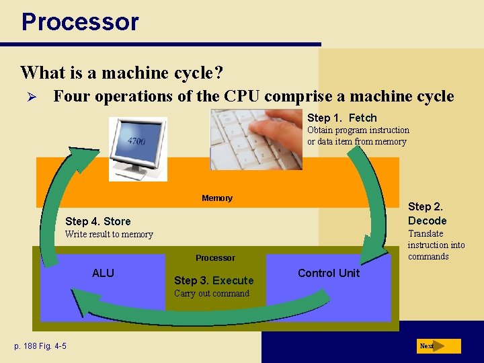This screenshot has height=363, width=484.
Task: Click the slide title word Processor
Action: (x=80, y=22)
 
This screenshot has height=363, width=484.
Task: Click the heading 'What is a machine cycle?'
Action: (x=122, y=71)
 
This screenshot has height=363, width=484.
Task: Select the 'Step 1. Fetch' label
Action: (x=341, y=118)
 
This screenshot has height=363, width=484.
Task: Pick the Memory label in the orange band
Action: (x=216, y=198)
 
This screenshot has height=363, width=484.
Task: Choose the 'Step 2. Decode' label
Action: (x=427, y=214)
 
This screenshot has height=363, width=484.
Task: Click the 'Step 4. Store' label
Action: (x=97, y=221)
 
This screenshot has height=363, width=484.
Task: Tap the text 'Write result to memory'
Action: (x=109, y=235)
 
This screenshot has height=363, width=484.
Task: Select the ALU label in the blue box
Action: (x=103, y=273)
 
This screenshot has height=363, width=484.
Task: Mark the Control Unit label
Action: (x=328, y=273)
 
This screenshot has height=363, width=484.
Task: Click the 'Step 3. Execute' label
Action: (x=214, y=280)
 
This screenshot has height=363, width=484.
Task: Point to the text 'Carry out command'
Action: (x=211, y=293)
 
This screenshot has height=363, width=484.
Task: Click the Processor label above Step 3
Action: (x=215, y=258)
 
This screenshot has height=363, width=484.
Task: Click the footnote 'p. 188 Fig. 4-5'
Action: (x=40, y=346)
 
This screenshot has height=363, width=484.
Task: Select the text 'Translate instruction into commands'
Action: (x=436, y=245)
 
